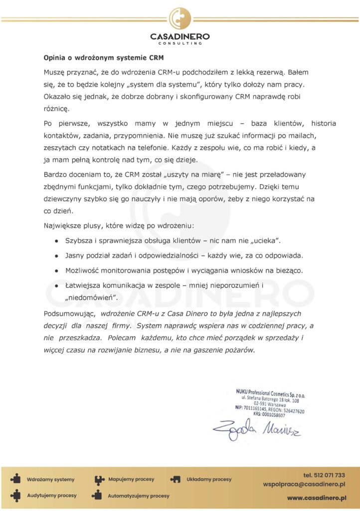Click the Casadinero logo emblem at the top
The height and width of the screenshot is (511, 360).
point(180,19)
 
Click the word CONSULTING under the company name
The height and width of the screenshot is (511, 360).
point(180,43)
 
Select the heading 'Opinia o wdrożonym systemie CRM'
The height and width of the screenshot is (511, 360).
point(104,57)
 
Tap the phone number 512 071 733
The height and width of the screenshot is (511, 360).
point(324,475)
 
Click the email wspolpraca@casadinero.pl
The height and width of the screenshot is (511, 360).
point(305,485)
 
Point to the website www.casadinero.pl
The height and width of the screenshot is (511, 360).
point(317,498)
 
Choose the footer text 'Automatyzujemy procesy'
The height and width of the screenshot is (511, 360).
point(139,496)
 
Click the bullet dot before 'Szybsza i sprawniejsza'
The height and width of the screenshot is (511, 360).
point(57,241)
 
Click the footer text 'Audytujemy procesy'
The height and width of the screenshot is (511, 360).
point(52,496)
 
